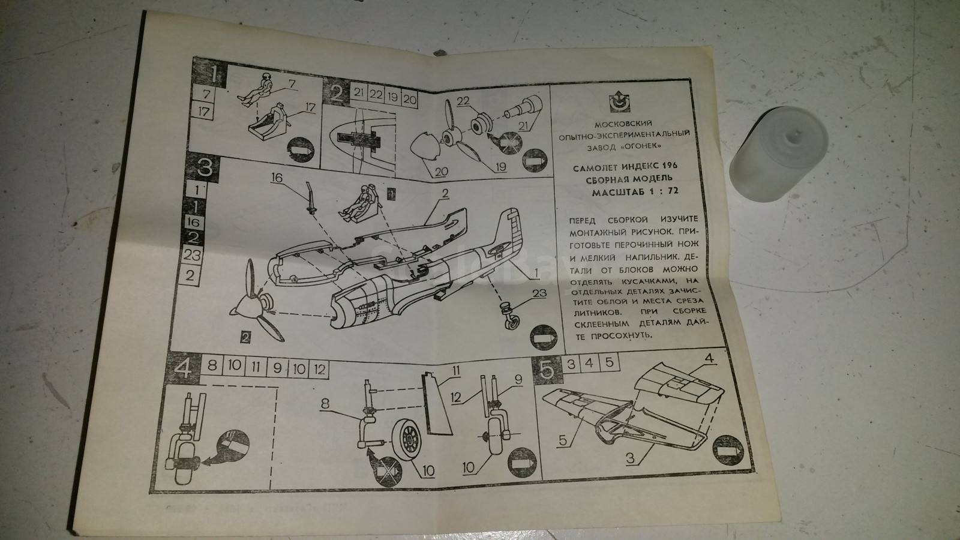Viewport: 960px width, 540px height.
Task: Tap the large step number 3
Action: [205, 167]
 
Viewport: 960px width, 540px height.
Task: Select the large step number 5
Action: [547, 370]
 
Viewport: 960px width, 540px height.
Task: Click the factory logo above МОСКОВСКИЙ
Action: [620, 102]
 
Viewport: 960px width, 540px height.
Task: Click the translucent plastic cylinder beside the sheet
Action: [778, 154]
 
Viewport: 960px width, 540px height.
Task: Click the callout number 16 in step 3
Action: [277, 178]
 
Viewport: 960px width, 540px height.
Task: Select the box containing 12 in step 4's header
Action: [319, 369]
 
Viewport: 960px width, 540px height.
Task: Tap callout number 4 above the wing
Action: [709, 358]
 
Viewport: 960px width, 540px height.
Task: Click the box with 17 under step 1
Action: [203, 111]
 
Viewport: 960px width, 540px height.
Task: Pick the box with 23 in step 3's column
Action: [192, 256]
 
